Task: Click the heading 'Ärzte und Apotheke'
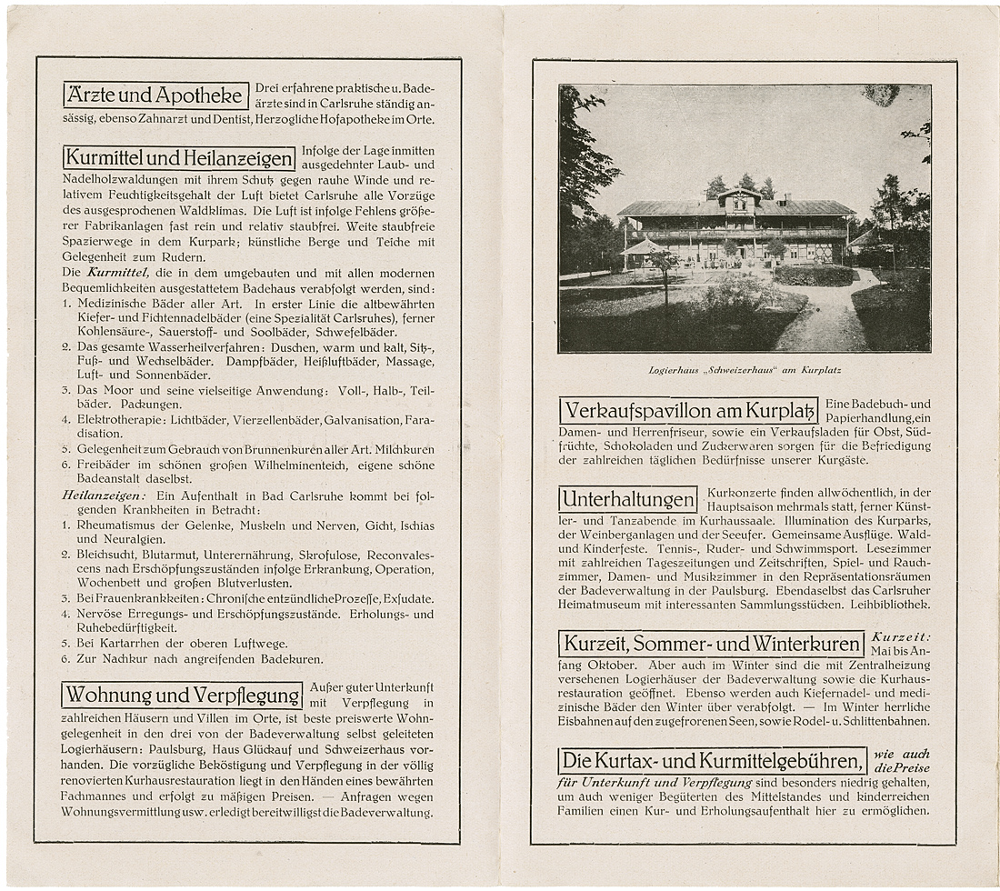[156, 95]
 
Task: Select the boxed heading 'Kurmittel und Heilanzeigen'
[179, 158]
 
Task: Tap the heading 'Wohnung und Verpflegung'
[182, 696]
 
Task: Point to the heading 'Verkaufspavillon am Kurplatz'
[688, 410]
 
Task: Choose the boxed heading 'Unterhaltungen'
[627, 499]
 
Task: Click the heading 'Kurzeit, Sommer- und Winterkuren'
[711, 644]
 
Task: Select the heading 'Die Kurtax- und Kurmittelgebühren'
[713, 760]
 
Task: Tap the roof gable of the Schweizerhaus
[739, 195]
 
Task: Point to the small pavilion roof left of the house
[644, 247]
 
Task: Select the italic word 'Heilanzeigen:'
[104, 496]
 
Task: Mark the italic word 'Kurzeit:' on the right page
[900, 637]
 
